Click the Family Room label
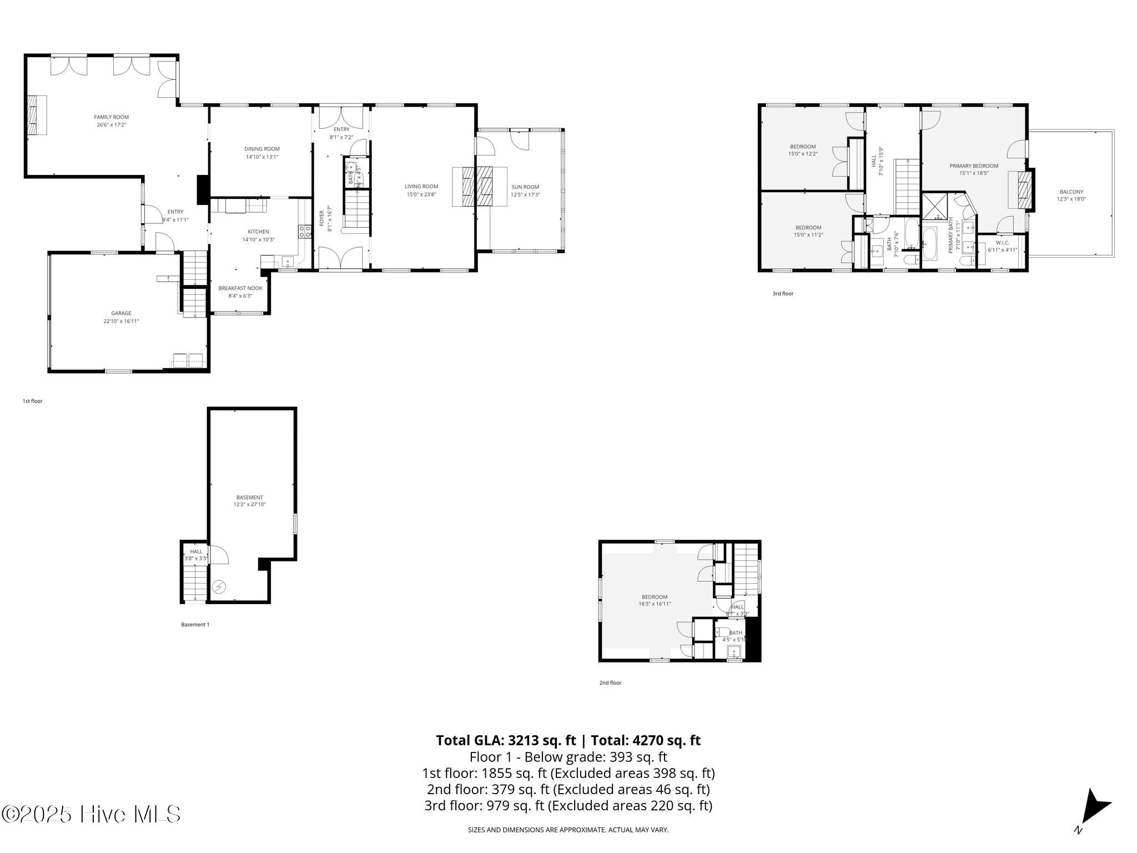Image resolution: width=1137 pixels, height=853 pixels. [x=111, y=117]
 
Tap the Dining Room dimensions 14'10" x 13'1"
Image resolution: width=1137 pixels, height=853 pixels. [x=262, y=157]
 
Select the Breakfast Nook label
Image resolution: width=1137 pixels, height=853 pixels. [x=240, y=288]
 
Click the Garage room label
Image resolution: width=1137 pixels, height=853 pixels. [x=121, y=313]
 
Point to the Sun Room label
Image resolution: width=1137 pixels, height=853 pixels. [x=525, y=187]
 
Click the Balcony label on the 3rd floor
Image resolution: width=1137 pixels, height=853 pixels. [x=1071, y=192]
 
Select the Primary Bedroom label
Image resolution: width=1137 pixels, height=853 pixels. [x=974, y=166]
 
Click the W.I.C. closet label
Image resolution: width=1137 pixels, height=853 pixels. [x=1002, y=243]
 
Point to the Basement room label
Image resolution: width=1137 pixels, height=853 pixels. [x=249, y=497]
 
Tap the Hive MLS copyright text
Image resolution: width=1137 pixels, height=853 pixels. [x=91, y=815]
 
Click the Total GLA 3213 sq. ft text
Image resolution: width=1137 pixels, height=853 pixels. [x=506, y=741]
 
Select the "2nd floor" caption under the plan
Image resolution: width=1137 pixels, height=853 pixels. [x=610, y=683]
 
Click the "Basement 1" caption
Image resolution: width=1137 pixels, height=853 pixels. [x=195, y=625]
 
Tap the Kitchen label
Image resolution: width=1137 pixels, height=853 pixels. [x=258, y=232]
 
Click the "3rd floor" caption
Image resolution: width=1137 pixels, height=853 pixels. [x=783, y=294]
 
